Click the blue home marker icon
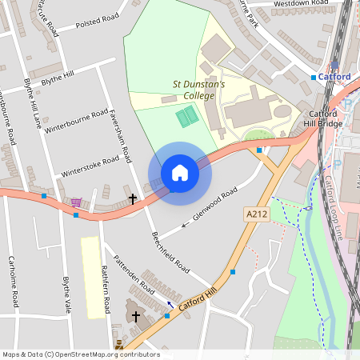coord(180,173)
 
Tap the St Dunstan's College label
coord(199,90)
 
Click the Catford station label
coord(334,77)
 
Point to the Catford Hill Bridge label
coord(326,119)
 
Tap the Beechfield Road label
coord(170,250)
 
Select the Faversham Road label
coord(122,136)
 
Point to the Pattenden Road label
coord(134,273)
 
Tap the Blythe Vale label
coord(67,294)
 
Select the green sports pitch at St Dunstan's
coord(187,117)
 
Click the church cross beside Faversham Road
coord(134,198)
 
